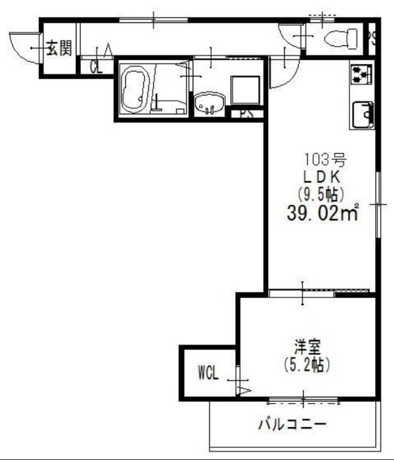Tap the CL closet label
[x=96, y=67]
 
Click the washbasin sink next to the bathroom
[x=208, y=105]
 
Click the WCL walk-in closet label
[x=208, y=373]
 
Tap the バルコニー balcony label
[x=292, y=425]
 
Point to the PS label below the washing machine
[x=246, y=114]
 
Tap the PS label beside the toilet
[x=373, y=39]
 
